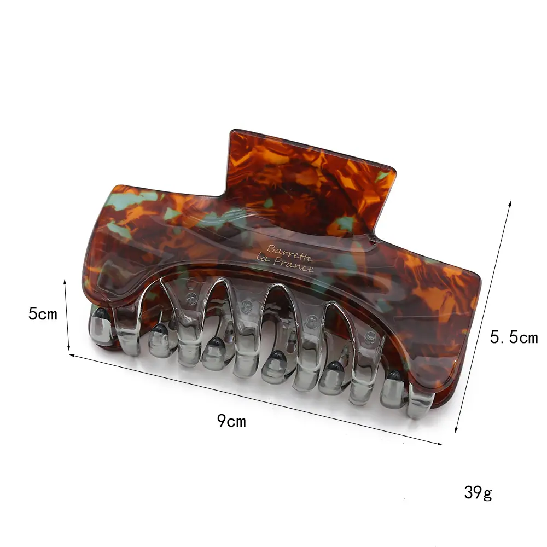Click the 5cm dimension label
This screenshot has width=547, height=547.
43,313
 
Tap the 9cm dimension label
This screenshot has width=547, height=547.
231,421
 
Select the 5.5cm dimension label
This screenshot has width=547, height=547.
514,337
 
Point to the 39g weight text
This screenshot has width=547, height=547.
478,493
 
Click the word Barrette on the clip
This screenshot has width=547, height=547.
289,253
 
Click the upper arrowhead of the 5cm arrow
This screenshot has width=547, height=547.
65,282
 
